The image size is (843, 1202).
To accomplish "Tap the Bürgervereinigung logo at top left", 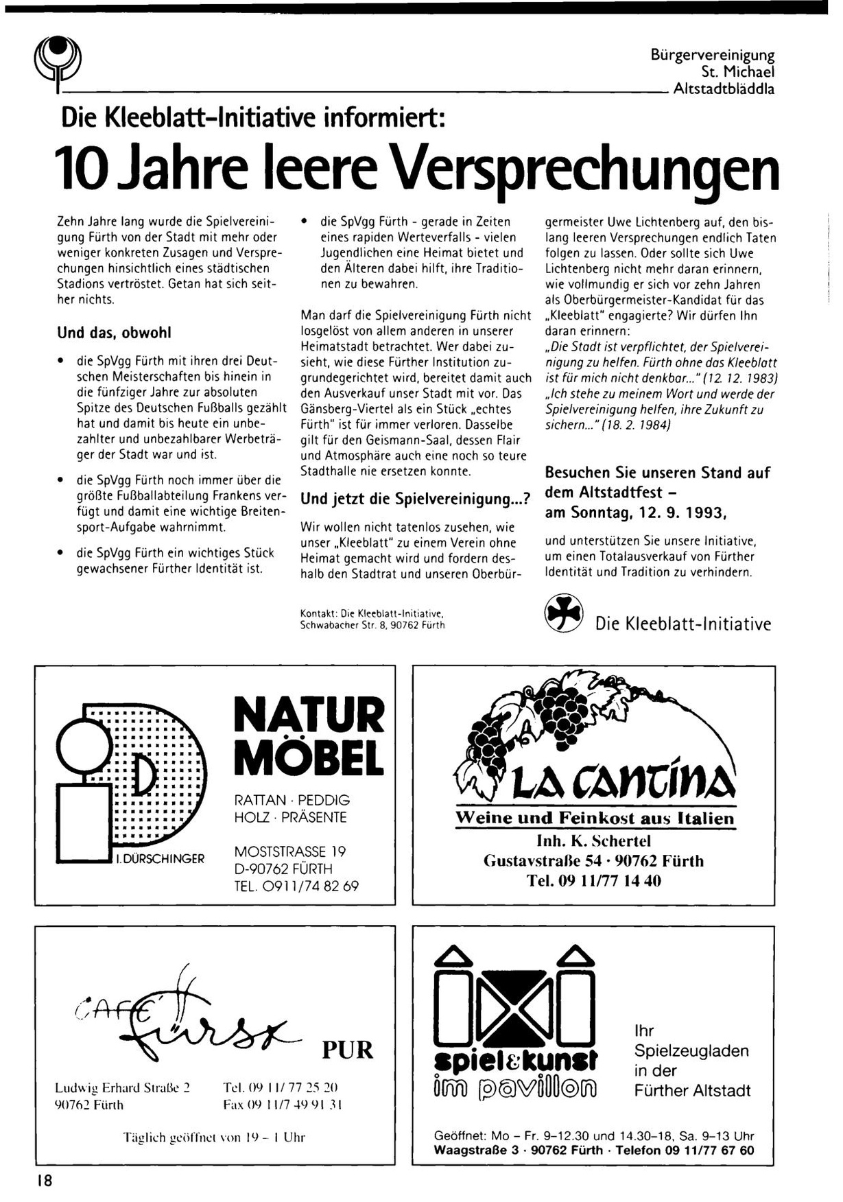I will click(58, 62).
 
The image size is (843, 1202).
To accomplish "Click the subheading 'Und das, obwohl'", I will click(114, 333).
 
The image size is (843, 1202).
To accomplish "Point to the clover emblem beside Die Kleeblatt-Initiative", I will click(563, 613).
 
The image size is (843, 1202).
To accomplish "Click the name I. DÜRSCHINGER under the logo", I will click(159, 859).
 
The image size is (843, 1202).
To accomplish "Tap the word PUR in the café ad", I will click(348, 1050).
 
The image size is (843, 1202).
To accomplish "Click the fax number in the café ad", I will click(283, 1105).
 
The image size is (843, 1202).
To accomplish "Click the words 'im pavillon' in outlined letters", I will click(516, 1088).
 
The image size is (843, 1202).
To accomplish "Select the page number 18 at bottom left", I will click(45, 1181).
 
